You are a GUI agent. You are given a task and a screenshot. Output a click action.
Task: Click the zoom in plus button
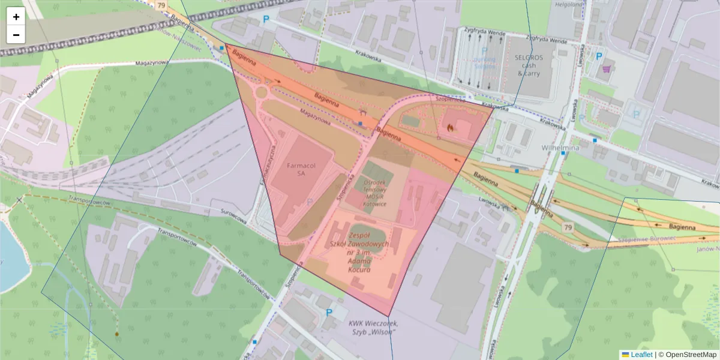[x=16, y=17]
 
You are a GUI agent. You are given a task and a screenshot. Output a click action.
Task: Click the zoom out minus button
[x=16, y=35]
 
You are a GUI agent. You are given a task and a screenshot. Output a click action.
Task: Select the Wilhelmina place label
[x=559, y=147]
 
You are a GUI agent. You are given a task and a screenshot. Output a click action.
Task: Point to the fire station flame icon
[x=449, y=127]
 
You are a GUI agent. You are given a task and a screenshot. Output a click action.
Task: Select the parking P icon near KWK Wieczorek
[x=329, y=313]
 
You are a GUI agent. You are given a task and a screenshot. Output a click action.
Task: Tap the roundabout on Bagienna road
[x=262, y=92]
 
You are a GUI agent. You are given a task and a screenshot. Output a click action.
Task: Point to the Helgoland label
[x=569, y=5]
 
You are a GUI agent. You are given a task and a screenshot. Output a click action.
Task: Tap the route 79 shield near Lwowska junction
[x=568, y=228]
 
